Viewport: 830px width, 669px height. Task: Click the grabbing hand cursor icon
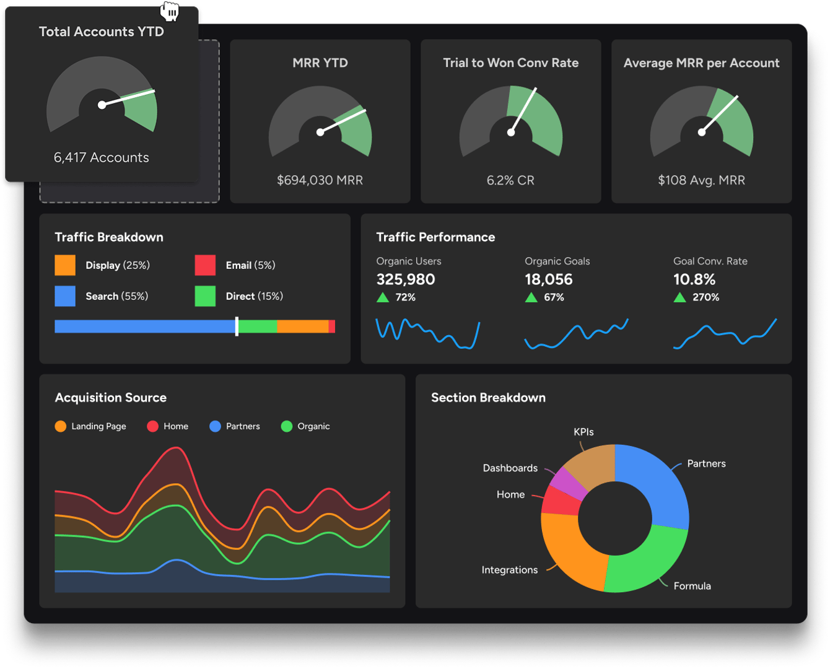click(x=170, y=11)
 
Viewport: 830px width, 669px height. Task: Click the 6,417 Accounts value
click(x=102, y=157)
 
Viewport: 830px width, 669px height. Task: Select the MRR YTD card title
click(x=320, y=63)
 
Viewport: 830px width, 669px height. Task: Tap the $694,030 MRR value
click(x=320, y=180)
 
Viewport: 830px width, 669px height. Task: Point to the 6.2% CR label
click(x=510, y=180)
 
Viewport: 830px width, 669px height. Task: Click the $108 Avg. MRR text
click(x=701, y=180)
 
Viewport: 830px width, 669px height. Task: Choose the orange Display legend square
click(x=65, y=265)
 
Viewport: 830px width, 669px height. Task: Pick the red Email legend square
click(x=205, y=265)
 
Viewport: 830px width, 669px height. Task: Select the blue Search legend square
click(x=65, y=296)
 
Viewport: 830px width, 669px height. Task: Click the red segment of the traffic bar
click(x=332, y=326)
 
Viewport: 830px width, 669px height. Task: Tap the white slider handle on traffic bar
click(x=237, y=326)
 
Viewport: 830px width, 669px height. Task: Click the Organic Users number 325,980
click(x=406, y=279)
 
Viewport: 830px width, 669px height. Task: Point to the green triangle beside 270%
click(x=679, y=297)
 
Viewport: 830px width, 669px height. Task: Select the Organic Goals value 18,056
click(x=549, y=279)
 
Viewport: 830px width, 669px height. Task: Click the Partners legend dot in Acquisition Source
click(x=215, y=426)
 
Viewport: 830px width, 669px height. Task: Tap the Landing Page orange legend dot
click(x=60, y=426)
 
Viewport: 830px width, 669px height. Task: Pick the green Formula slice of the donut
click(x=644, y=561)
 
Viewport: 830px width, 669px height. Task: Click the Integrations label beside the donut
click(x=509, y=570)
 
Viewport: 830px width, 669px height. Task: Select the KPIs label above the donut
click(x=583, y=432)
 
